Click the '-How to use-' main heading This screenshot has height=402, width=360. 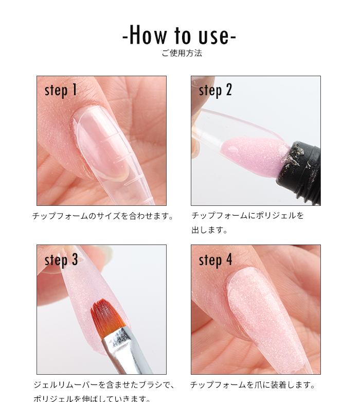pyautogui.click(x=179, y=36)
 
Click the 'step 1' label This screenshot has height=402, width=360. pyautogui.click(x=61, y=91)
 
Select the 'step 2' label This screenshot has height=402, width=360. pyautogui.click(x=215, y=91)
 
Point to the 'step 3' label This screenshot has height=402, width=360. pyautogui.click(x=61, y=260)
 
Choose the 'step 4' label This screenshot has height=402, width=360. pyautogui.click(x=215, y=260)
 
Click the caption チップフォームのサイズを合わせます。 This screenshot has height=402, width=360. pyautogui.click(x=102, y=216)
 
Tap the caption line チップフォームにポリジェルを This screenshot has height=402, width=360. pyautogui.click(x=247, y=216)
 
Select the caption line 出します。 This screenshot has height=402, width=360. pyautogui.click(x=209, y=230)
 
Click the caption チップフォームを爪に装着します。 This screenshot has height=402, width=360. pyautogui.click(x=252, y=385)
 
